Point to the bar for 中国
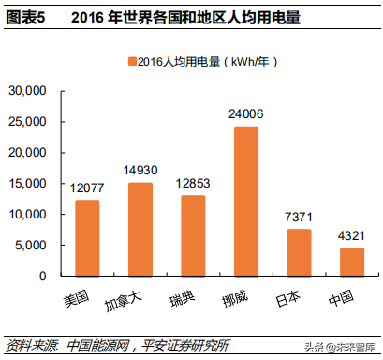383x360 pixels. tap(352, 262)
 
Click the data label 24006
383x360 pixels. tap(245, 113)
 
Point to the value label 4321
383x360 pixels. tap(352, 234)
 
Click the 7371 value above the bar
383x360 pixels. tap(299, 217)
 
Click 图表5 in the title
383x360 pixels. tap(25, 17)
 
